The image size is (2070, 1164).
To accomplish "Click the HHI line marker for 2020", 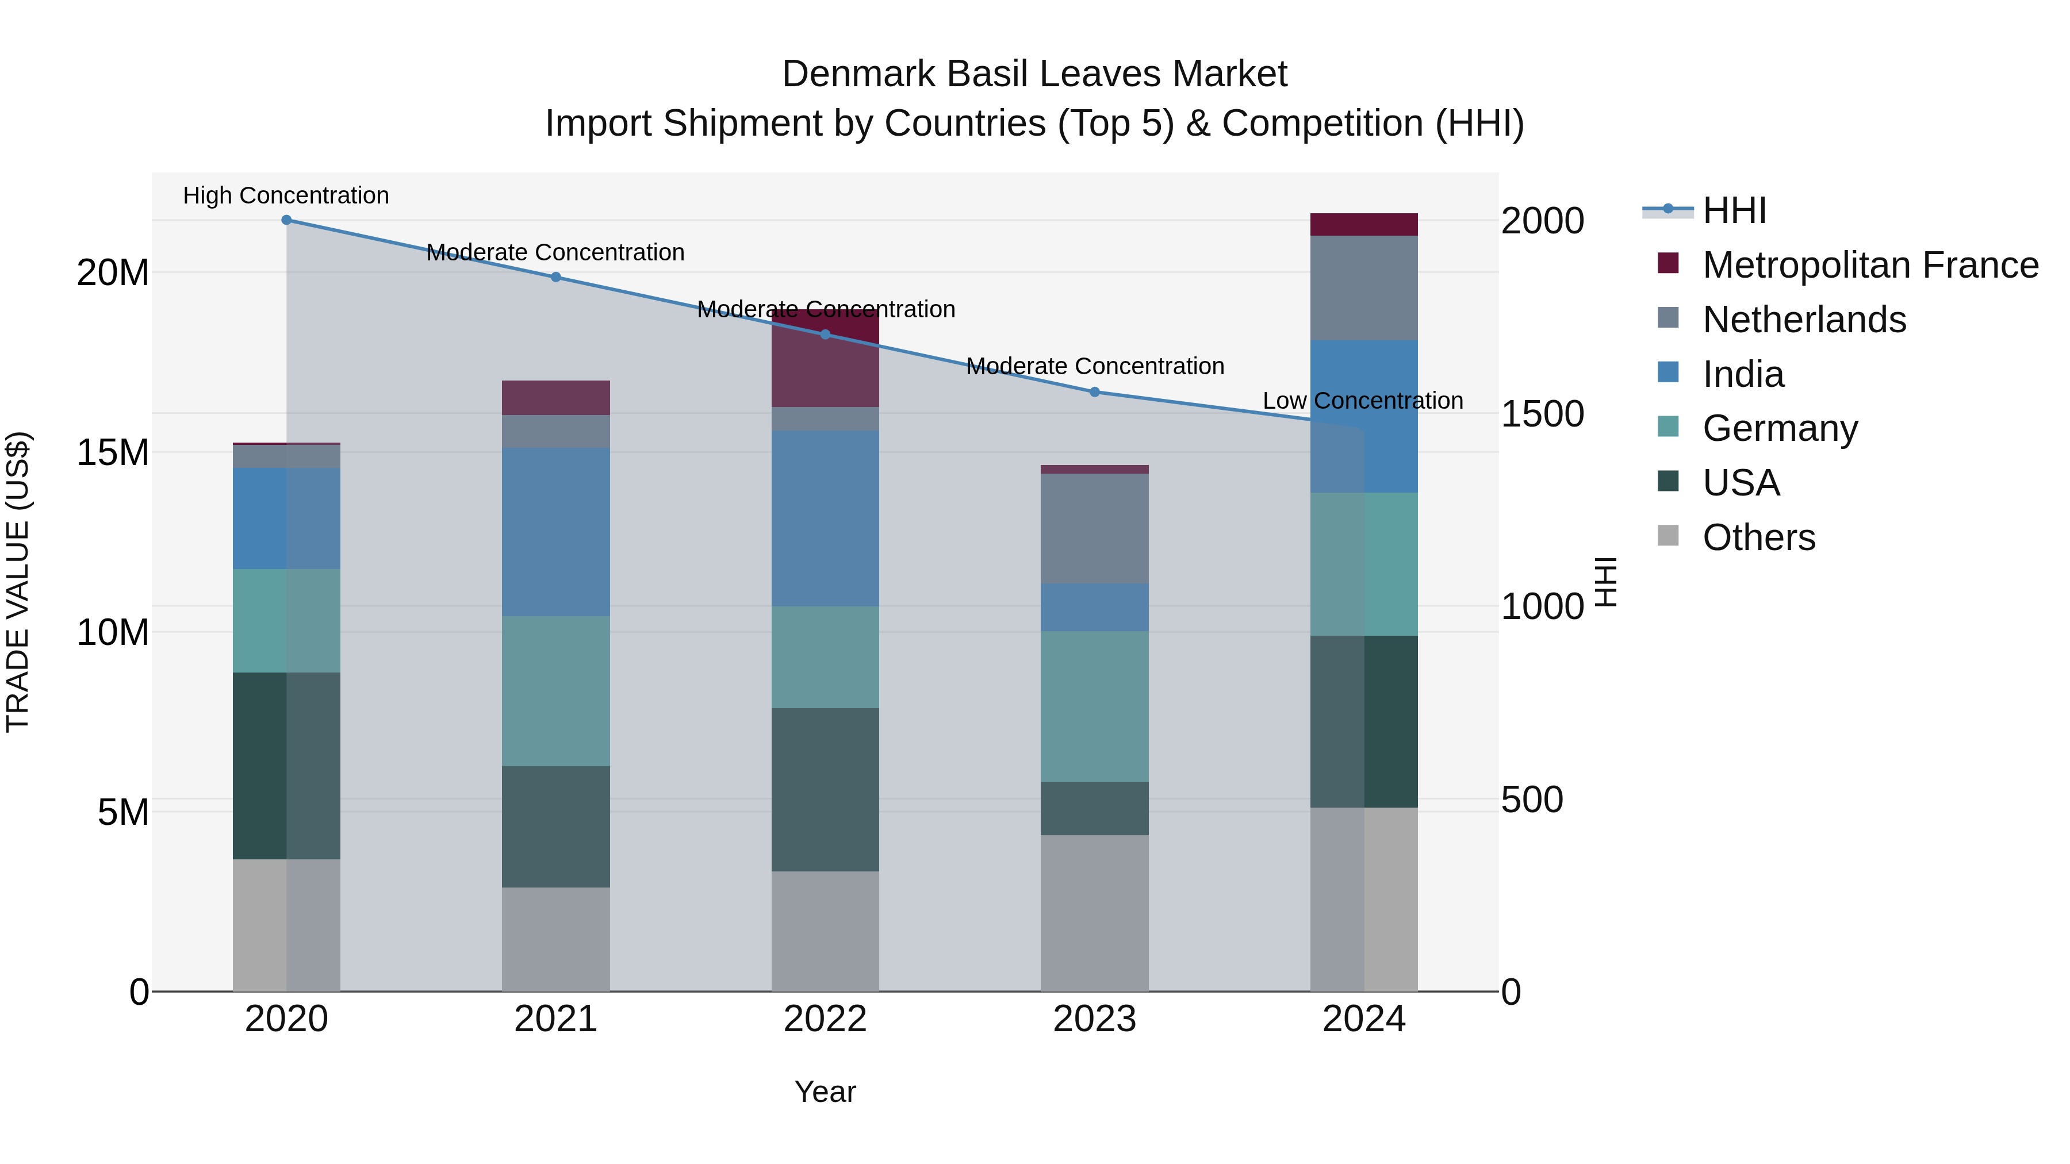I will click(286, 220).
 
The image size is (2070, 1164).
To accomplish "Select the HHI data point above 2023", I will click(1094, 392).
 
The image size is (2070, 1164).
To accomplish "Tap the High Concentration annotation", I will click(286, 196).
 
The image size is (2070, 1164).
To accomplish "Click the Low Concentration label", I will click(1363, 401).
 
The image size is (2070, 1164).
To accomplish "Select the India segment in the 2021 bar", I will click(555, 532).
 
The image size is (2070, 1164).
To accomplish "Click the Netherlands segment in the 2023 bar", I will click(1094, 529).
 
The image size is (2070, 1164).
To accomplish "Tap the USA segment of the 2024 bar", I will click(1364, 721).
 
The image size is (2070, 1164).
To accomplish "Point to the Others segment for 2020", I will click(286, 925).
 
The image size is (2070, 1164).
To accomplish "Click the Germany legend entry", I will click(1780, 428).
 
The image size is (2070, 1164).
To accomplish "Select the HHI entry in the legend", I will click(1734, 210).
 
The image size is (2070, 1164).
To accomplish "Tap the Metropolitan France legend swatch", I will click(1668, 263).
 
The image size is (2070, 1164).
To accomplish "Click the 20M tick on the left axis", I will click(113, 273).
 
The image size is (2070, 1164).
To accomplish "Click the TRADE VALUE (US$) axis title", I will click(18, 582).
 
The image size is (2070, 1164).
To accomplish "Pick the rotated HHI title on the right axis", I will click(1605, 582).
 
